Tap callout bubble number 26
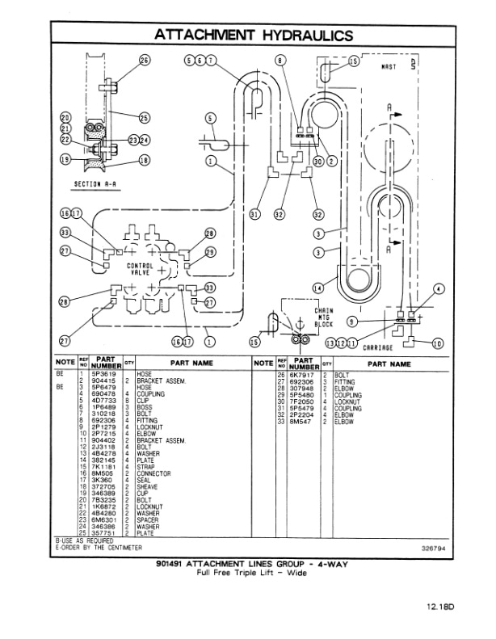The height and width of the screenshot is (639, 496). (145, 60)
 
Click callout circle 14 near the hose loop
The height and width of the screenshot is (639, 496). (318, 287)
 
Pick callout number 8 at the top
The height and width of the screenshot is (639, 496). (280, 60)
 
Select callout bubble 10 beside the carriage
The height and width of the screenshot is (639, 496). (439, 343)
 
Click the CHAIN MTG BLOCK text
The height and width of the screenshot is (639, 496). (322, 317)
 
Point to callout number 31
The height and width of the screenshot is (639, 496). (255, 214)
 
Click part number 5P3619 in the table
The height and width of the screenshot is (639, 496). (105, 374)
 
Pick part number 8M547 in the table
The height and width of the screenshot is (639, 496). (302, 422)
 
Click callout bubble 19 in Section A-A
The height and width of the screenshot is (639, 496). (65, 158)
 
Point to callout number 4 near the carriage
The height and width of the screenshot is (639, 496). (439, 288)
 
